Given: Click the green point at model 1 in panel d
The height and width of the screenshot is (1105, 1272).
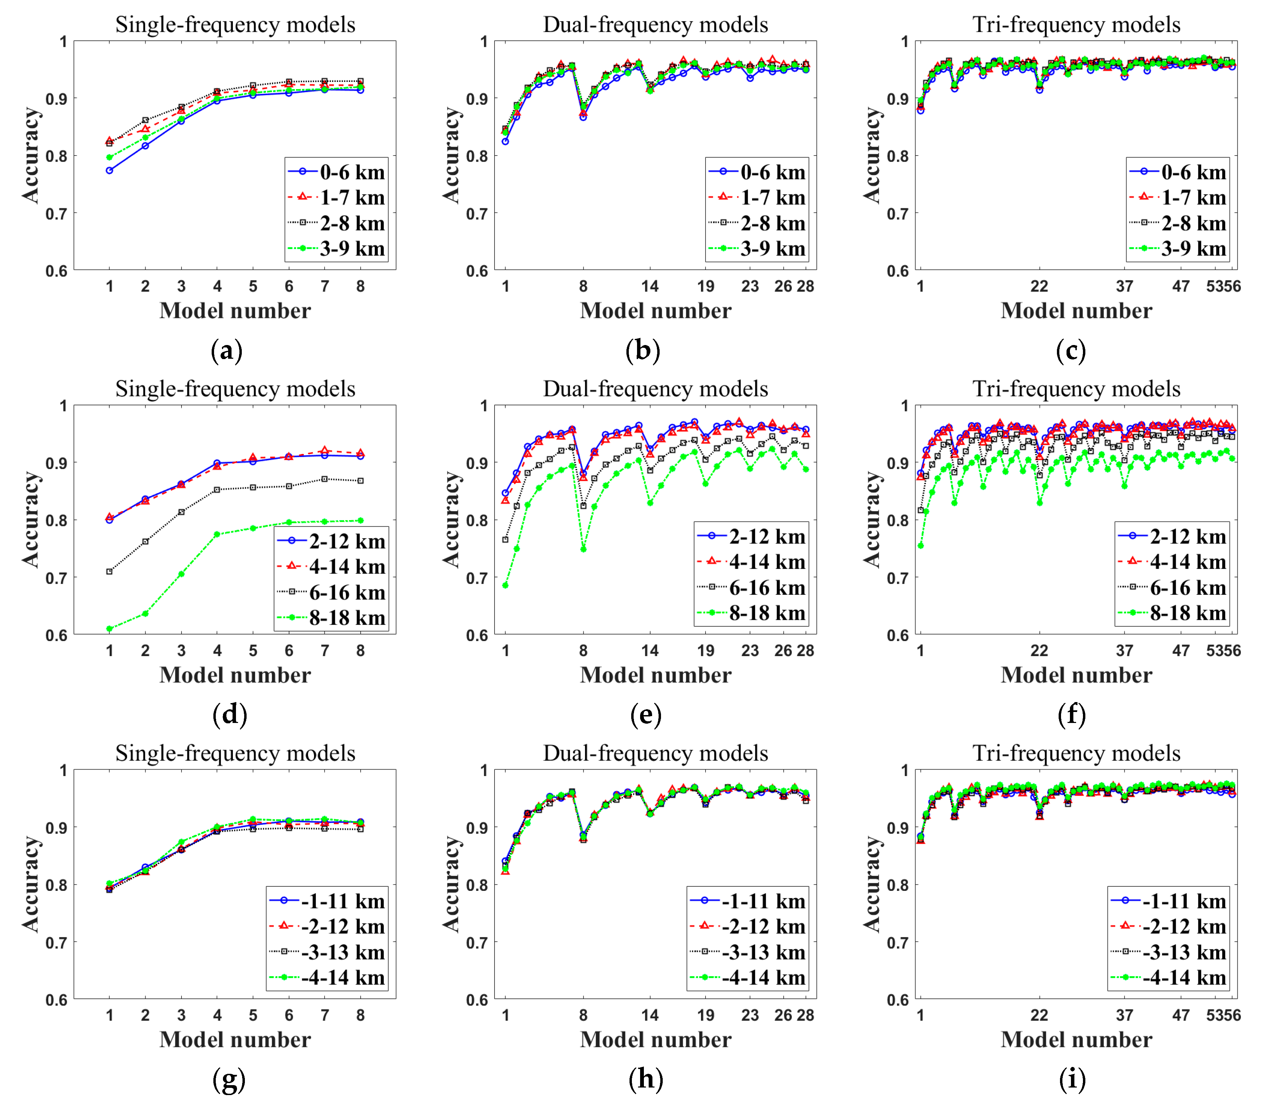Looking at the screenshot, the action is click(110, 629).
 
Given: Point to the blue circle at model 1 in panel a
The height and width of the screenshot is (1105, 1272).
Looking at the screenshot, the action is click(110, 170).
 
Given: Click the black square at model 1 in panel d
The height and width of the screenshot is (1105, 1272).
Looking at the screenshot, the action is click(110, 572).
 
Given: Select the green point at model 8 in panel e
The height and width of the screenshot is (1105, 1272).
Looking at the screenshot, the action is click(583, 549).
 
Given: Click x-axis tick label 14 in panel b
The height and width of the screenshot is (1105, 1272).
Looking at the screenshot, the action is click(650, 286).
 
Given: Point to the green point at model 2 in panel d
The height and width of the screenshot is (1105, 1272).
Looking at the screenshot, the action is click(146, 614).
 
